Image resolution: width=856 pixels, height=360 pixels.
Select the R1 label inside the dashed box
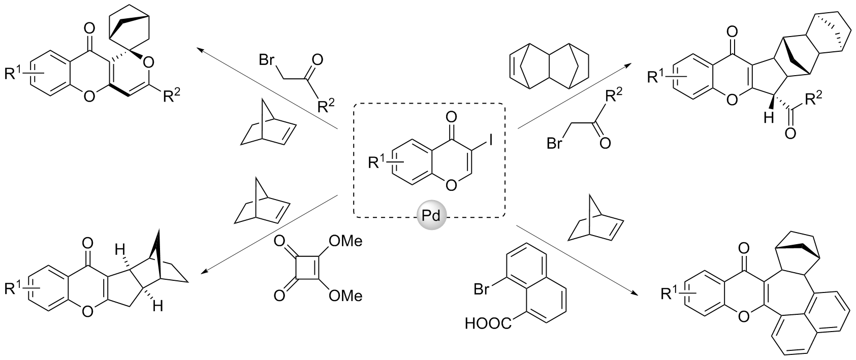378,163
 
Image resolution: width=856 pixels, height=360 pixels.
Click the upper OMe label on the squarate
345,241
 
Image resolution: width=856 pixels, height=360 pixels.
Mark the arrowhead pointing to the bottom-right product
636,293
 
